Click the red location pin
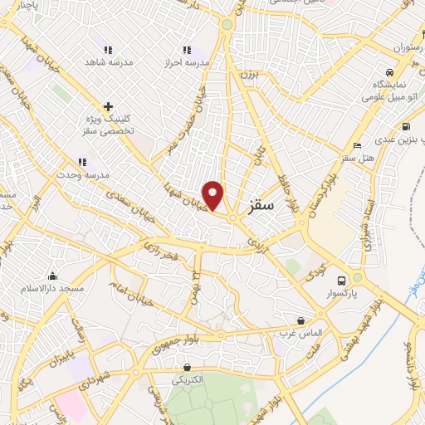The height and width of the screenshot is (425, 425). [214, 194]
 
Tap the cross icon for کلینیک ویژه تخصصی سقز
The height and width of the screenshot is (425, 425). [108, 106]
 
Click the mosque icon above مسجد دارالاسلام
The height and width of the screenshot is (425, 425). [54, 276]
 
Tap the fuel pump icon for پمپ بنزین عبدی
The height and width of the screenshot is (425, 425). [405, 127]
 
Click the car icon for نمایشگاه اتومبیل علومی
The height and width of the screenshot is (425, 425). [389, 71]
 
